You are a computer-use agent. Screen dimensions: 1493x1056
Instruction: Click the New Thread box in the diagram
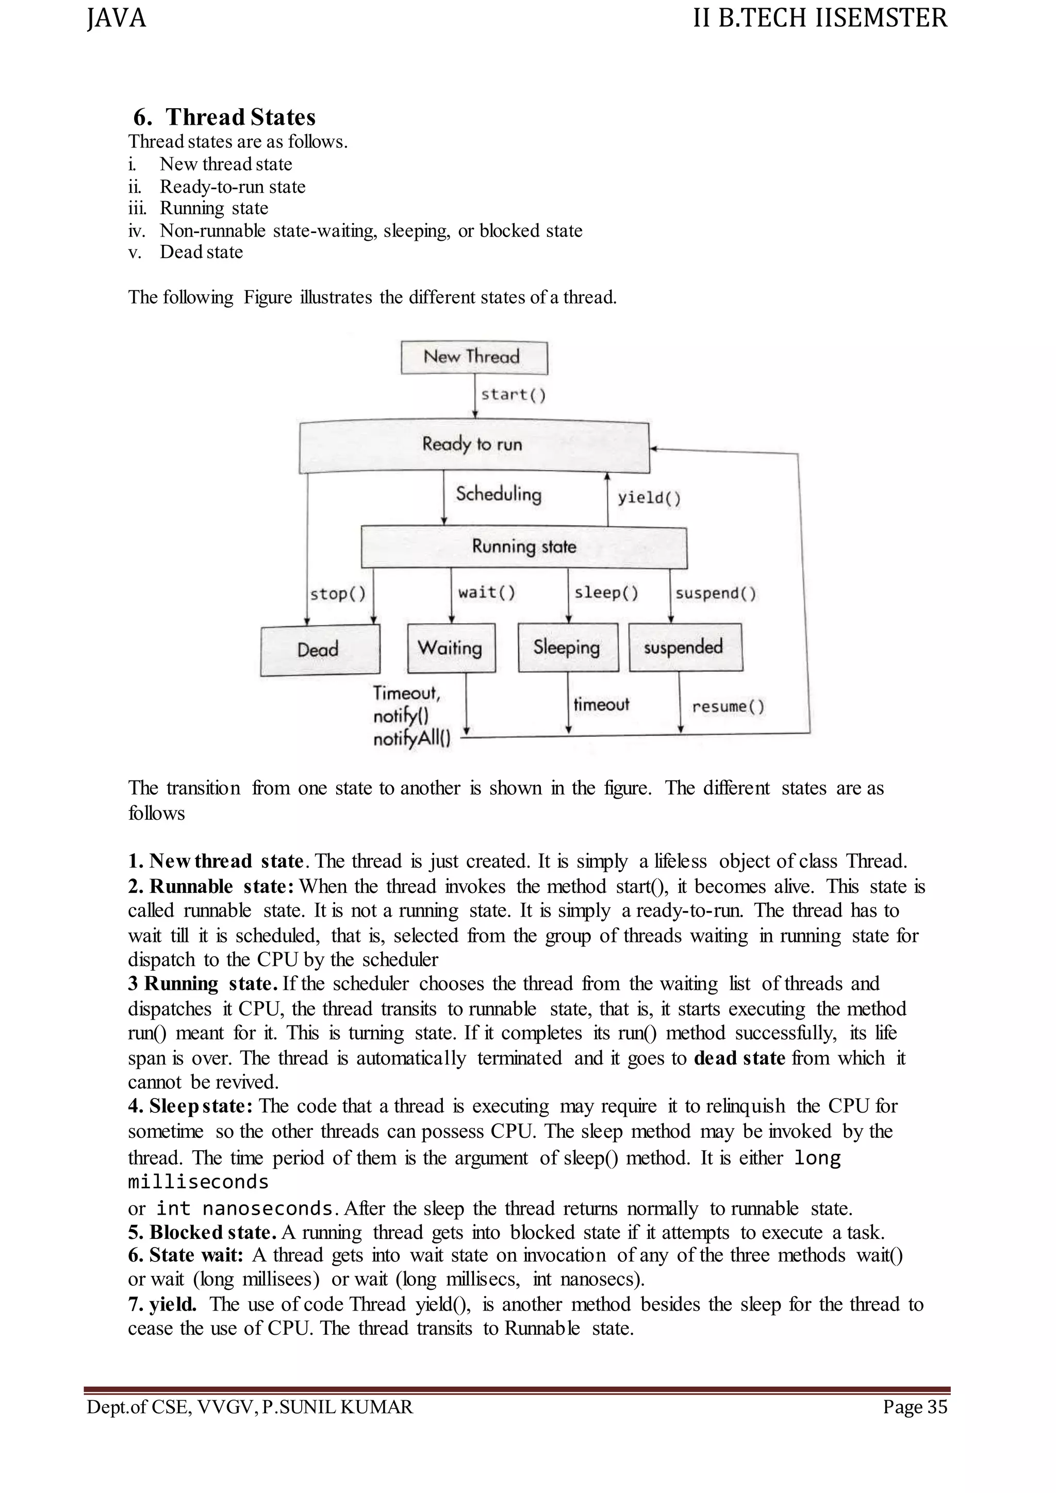pos(473,357)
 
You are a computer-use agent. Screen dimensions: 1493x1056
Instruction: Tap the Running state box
pos(523,547)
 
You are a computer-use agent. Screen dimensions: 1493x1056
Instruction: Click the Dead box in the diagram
pos(319,650)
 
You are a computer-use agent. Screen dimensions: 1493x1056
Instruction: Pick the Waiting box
pos(451,648)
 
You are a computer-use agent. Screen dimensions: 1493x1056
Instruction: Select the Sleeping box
pos(568,647)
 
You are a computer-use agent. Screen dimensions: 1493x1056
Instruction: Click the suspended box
pos(685,647)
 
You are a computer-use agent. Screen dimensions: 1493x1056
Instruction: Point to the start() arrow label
pos(513,395)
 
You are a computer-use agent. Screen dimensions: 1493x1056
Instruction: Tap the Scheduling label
pos(498,494)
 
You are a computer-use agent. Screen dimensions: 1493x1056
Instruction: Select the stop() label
pos(338,594)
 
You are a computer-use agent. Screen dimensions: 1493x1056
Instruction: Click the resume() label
pos(728,707)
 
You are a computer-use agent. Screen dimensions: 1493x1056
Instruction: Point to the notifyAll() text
pos(411,739)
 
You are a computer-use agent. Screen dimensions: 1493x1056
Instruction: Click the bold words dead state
pos(739,1058)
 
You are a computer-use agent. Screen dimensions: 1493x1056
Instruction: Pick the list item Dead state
pos(201,252)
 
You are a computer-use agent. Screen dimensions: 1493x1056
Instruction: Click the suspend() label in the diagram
pos(715,594)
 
